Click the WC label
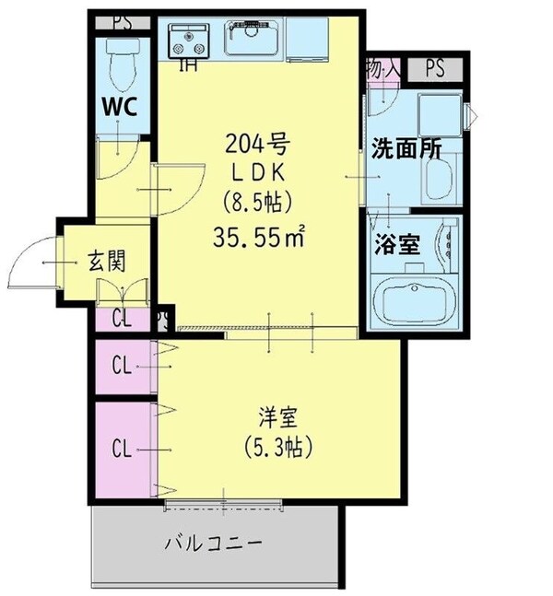click(x=119, y=106)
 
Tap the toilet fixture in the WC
click(x=121, y=64)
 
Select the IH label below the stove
click(x=187, y=65)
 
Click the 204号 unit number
click(x=258, y=144)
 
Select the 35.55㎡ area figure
click(x=259, y=238)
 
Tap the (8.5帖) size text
click(x=258, y=204)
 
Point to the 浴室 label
click(x=397, y=245)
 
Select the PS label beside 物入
click(x=435, y=68)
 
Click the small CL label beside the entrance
click(x=121, y=320)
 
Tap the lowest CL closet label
click(x=121, y=449)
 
